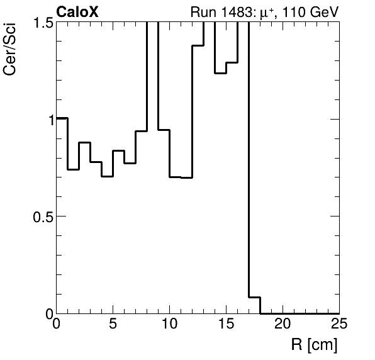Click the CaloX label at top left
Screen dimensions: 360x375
click(x=77, y=11)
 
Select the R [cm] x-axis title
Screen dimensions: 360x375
click(x=313, y=345)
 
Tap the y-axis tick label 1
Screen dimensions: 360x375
click(x=48, y=119)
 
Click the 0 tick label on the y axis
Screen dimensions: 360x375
click(x=48, y=313)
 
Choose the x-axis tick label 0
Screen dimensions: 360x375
click(x=57, y=325)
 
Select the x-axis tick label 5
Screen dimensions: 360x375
click(x=113, y=325)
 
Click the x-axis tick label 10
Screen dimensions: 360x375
click(x=170, y=325)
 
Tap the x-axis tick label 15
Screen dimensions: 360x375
click(x=227, y=325)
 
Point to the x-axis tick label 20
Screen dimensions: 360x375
click(x=283, y=325)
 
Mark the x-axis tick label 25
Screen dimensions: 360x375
click(x=338, y=325)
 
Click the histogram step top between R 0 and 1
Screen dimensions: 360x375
click(x=62, y=118)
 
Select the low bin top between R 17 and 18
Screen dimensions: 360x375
click(x=255, y=297)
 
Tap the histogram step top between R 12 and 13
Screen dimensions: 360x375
click(x=198, y=46)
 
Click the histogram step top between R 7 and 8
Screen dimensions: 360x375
click(x=142, y=131)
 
